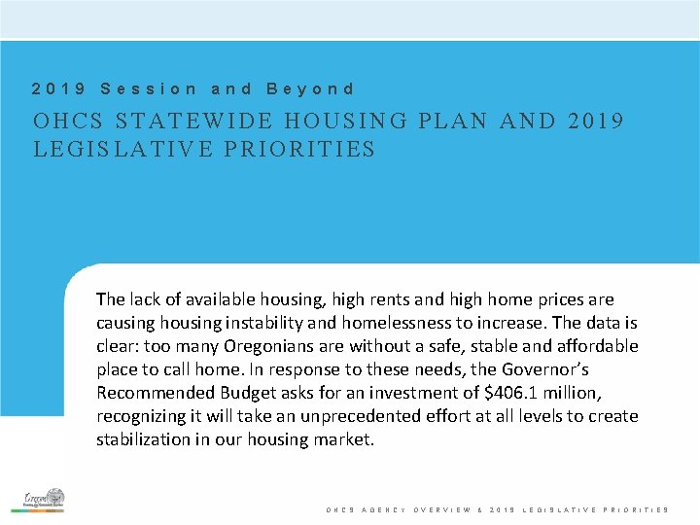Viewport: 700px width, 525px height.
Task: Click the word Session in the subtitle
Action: [x=149, y=88]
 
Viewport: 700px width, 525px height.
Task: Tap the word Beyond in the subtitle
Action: [x=310, y=88]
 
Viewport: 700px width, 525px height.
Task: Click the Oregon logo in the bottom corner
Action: [x=44, y=499]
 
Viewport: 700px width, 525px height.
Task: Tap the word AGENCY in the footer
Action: [x=382, y=509]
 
